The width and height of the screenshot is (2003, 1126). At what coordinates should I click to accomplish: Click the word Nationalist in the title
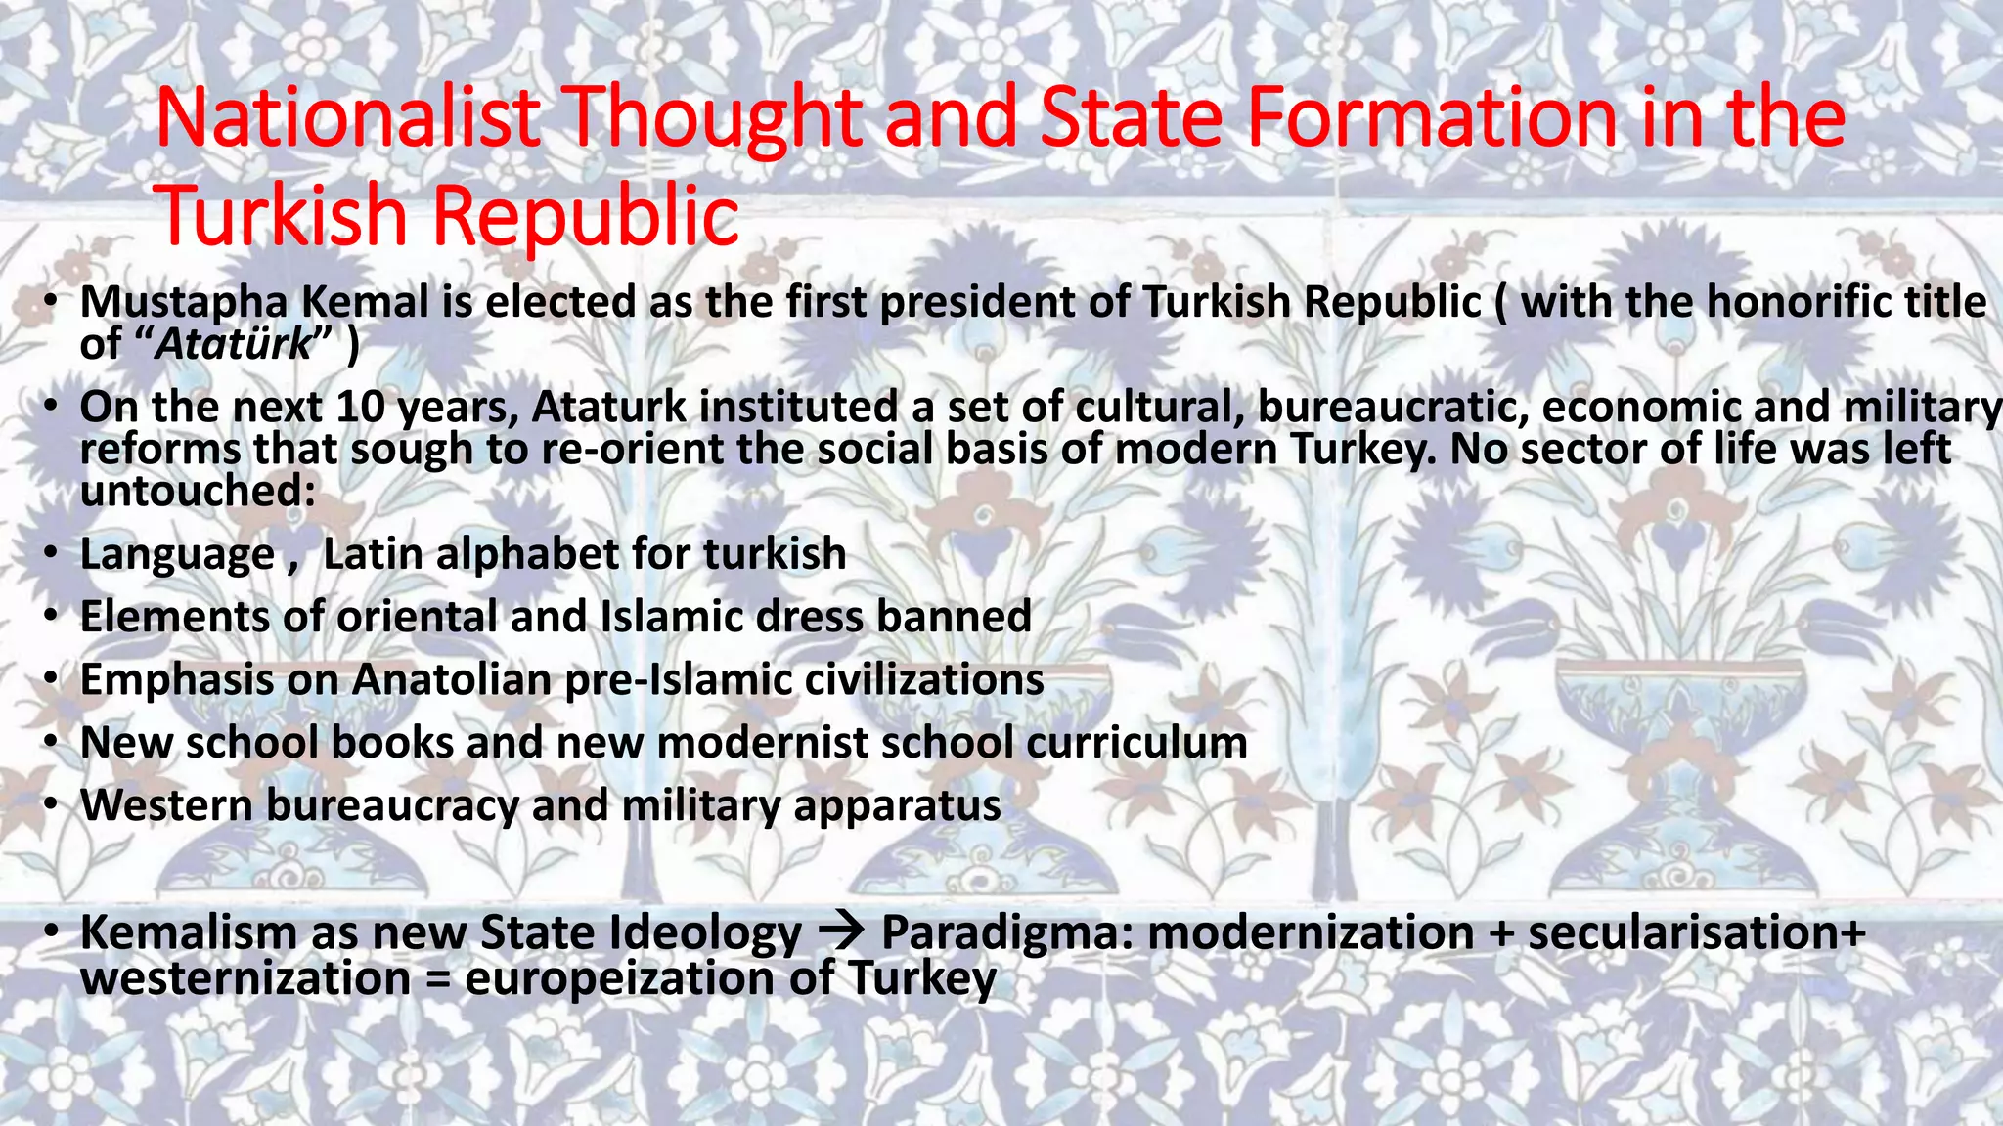point(347,118)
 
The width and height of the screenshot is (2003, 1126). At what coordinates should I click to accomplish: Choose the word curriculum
point(1136,743)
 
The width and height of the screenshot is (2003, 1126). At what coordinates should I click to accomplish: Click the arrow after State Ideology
point(840,931)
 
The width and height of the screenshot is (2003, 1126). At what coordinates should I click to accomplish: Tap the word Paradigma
point(1006,933)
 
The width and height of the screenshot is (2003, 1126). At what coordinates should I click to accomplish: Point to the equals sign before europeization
point(437,979)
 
